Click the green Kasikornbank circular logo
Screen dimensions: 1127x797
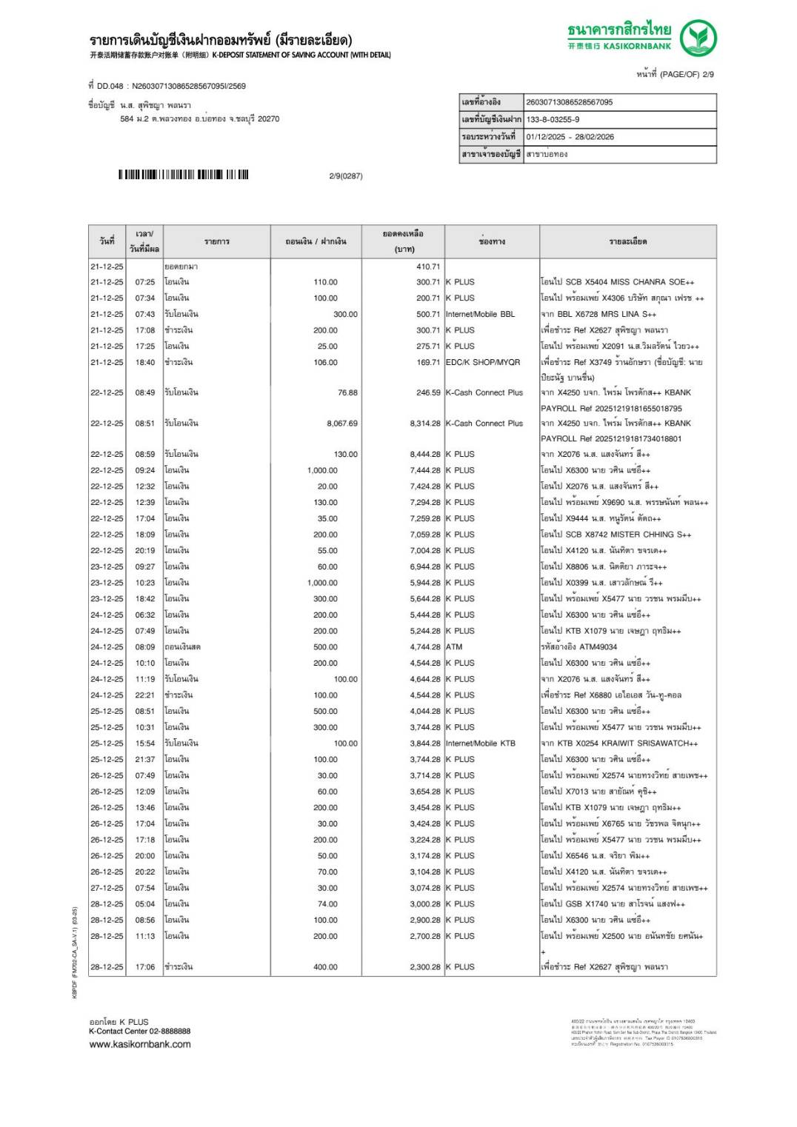click(x=698, y=38)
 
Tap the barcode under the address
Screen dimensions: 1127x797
click(x=184, y=175)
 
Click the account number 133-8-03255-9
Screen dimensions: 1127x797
click(x=553, y=119)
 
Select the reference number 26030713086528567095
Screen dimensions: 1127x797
click(x=569, y=102)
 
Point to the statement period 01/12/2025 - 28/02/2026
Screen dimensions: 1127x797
click(x=570, y=137)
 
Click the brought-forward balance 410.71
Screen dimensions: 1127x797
click(x=427, y=267)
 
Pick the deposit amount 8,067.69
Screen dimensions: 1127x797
click(x=341, y=424)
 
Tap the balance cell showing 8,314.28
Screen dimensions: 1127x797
click(x=424, y=424)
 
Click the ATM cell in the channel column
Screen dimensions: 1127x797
click(x=454, y=647)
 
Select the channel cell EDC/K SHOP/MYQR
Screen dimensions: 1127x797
click(x=482, y=363)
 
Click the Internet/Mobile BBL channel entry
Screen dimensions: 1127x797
click(x=480, y=314)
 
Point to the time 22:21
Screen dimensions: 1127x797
click(x=145, y=695)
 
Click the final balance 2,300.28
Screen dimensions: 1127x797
click(x=424, y=967)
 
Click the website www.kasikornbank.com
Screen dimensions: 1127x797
click(x=140, y=1045)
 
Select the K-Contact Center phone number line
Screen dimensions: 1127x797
click(x=140, y=1031)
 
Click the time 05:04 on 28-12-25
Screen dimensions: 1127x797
click(x=145, y=904)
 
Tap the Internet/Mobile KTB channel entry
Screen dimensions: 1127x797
click(x=480, y=743)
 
